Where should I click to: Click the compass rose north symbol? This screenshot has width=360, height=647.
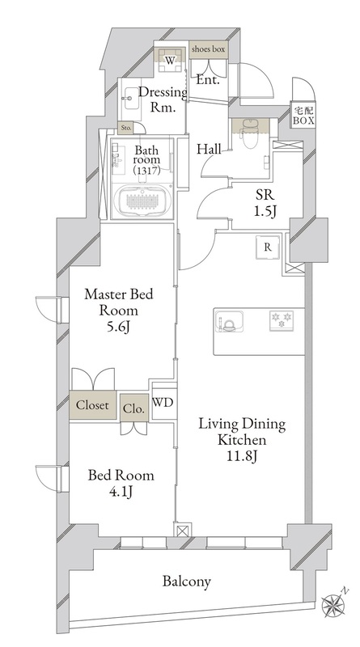pos(333,604)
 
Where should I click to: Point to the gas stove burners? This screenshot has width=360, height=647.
pos(282,320)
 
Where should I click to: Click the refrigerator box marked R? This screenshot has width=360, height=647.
pos(268,247)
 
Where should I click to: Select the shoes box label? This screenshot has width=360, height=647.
pos(208,49)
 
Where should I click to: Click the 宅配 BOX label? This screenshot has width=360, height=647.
pos(304,116)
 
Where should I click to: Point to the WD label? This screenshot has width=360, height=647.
pos(163,402)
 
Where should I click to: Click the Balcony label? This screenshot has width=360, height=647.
pos(187,581)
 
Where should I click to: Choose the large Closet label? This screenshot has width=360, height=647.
pos(92,405)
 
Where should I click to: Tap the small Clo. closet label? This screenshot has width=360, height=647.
pos(133,408)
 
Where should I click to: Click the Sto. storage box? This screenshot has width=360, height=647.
pos(126,128)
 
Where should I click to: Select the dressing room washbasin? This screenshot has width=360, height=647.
pos(130,98)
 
